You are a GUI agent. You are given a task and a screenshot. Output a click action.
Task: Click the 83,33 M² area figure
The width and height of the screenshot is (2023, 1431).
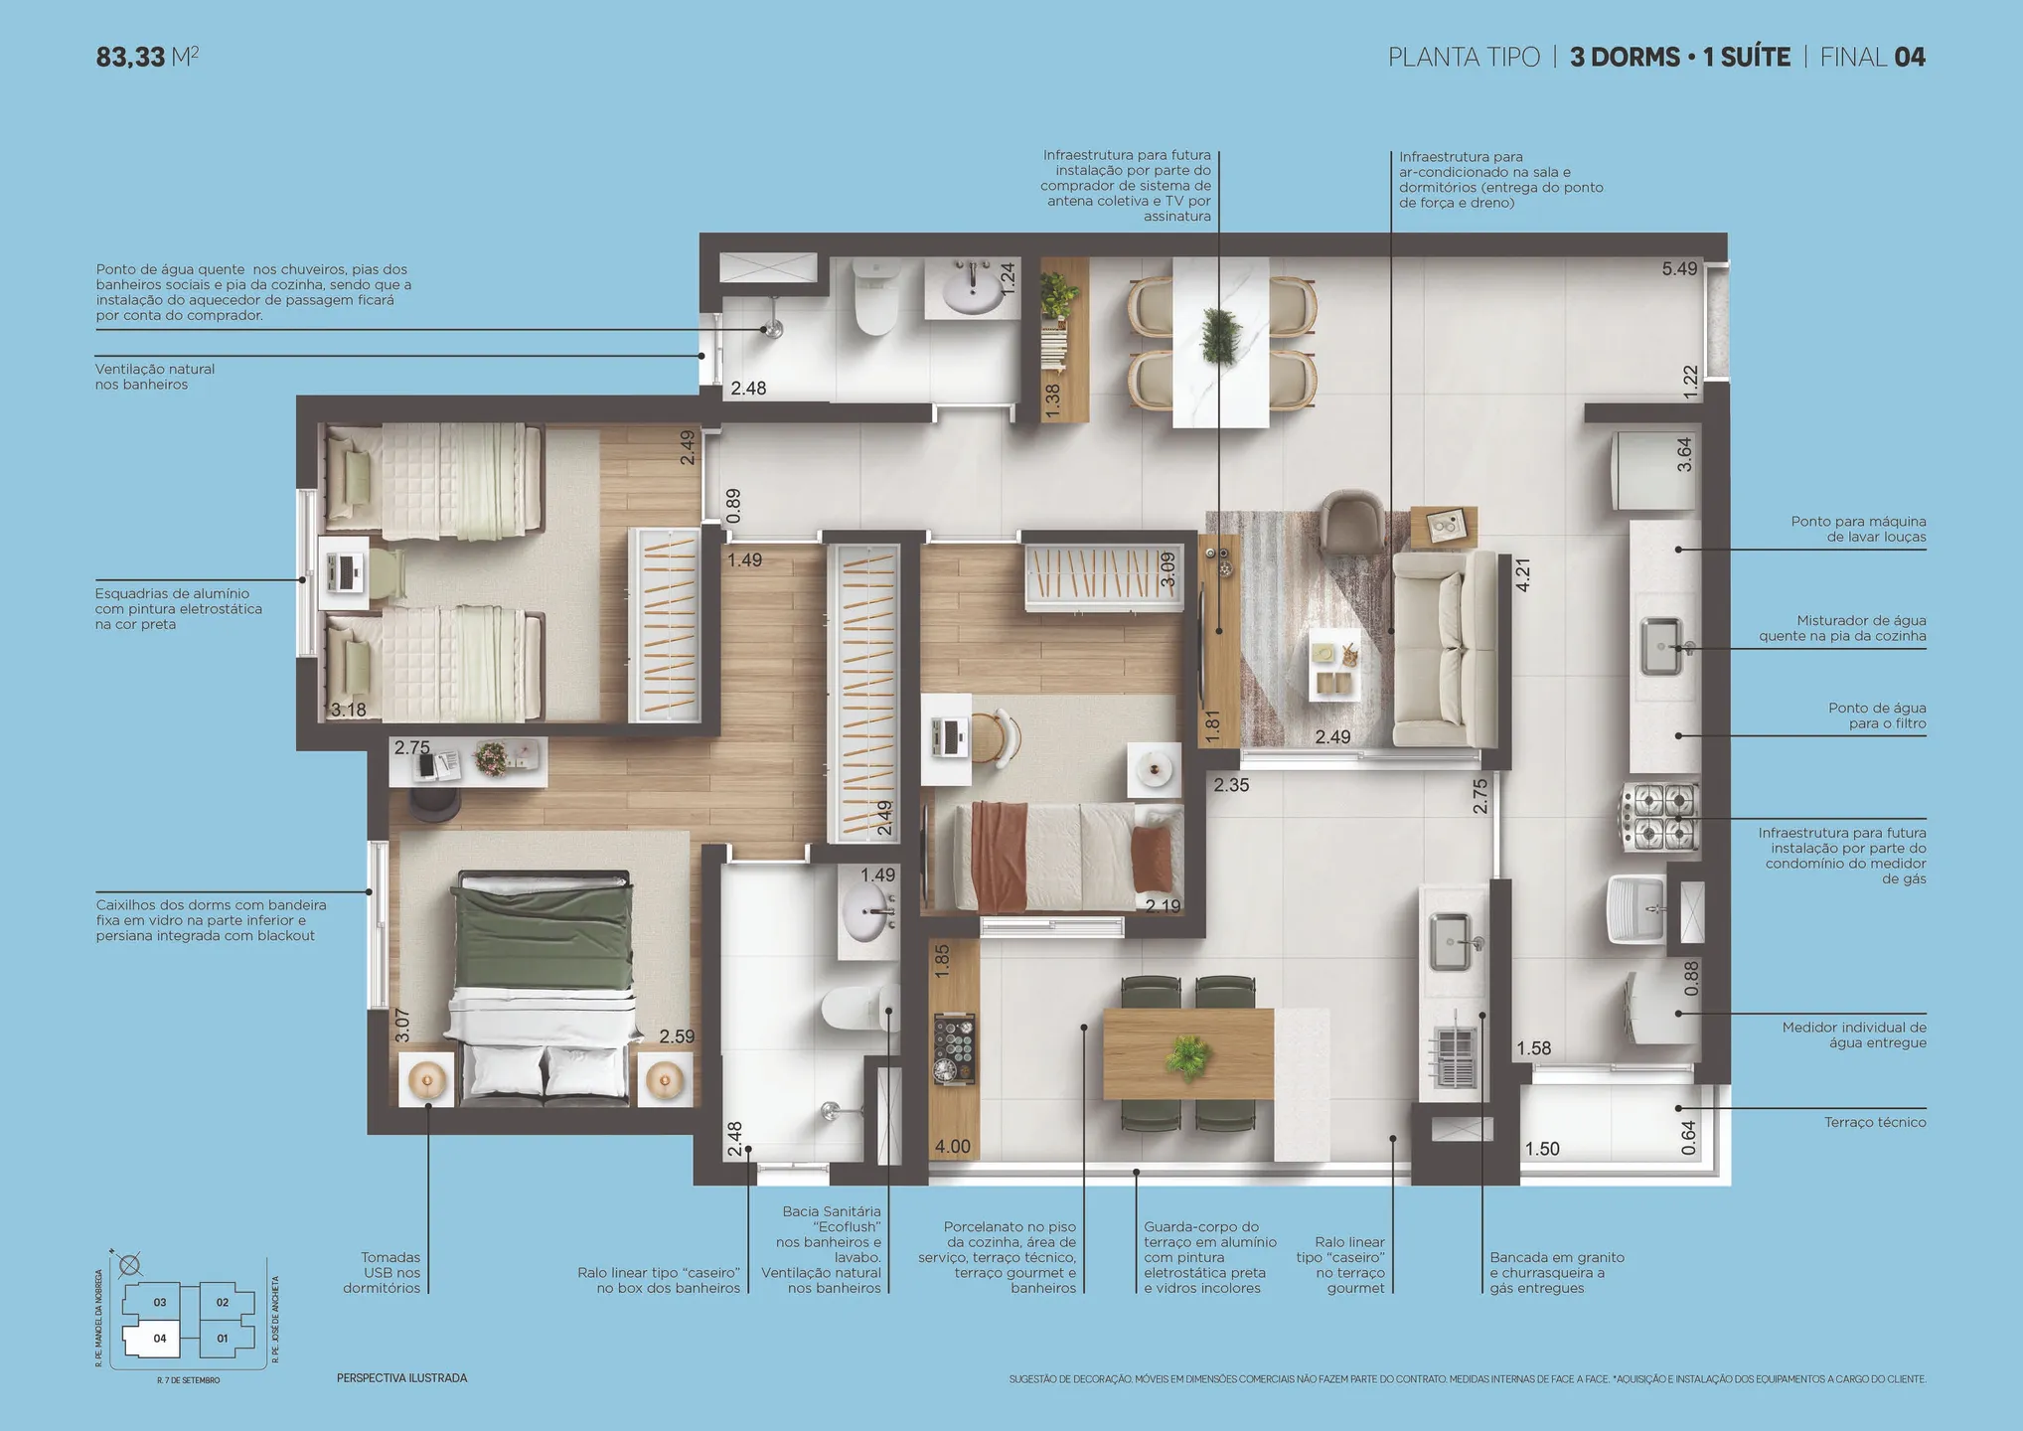[147, 57]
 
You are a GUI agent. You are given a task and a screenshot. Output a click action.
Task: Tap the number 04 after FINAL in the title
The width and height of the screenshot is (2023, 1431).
[1910, 58]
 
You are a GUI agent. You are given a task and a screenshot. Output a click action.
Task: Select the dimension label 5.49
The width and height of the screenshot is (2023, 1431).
[1680, 268]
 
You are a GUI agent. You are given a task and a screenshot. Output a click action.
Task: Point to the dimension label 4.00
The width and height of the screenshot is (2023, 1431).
[952, 1147]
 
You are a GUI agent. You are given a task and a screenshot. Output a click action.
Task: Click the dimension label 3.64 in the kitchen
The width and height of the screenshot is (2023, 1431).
[1684, 454]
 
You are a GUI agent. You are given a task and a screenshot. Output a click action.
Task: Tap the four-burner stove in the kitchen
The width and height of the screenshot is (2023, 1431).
[1660, 817]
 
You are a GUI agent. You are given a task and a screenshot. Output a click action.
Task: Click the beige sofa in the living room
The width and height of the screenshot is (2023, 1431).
[1444, 649]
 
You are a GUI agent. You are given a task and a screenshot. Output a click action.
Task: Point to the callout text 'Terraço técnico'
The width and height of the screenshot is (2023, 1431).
[1875, 1122]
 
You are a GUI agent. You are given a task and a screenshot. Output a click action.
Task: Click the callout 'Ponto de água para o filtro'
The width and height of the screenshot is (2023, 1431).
[1877, 715]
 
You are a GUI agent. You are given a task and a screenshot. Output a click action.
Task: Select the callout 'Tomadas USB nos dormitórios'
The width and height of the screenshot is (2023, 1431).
[383, 1272]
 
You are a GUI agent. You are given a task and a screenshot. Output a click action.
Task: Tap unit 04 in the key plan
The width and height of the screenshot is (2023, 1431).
[160, 1339]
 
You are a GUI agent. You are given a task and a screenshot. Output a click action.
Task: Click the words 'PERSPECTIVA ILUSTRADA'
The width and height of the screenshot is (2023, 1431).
[401, 1378]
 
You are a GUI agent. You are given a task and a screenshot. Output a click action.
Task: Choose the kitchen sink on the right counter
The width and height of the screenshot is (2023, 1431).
[1661, 646]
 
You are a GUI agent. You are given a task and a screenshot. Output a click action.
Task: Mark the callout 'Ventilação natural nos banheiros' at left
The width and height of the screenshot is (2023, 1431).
[155, 377]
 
